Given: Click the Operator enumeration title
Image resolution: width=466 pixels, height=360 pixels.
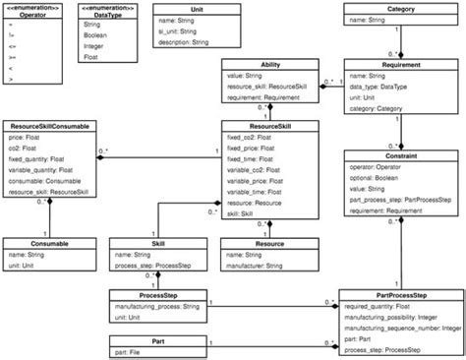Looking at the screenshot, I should [x=31, y=15].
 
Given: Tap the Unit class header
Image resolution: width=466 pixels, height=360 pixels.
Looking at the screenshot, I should [x=197, y=8].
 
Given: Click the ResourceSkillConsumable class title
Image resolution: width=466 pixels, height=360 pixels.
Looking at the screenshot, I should [x=51, y=127].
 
